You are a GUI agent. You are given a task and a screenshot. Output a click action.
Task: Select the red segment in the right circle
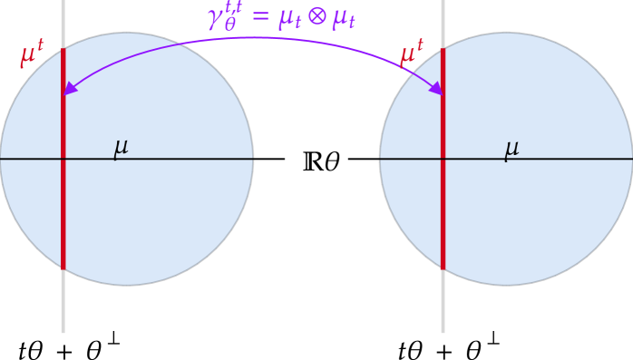pos(443,218)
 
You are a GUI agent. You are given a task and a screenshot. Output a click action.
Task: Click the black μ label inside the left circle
pos(121,148)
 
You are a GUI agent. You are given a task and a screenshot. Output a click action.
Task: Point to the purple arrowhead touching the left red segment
pos(69,89)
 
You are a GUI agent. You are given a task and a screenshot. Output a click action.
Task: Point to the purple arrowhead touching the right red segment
pos(436,89)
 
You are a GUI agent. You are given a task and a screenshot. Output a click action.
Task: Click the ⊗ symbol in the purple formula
pos(316,15)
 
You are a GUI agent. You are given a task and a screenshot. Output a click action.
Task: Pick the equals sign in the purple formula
pos(259,16)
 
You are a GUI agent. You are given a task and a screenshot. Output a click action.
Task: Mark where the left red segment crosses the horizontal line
pos(63,159)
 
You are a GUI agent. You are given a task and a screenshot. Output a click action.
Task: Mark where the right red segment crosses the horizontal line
pos(443,159)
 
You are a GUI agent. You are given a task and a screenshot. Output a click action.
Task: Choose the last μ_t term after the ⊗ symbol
pos(344,17)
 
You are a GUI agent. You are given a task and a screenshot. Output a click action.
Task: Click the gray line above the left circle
pos(63,18)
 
